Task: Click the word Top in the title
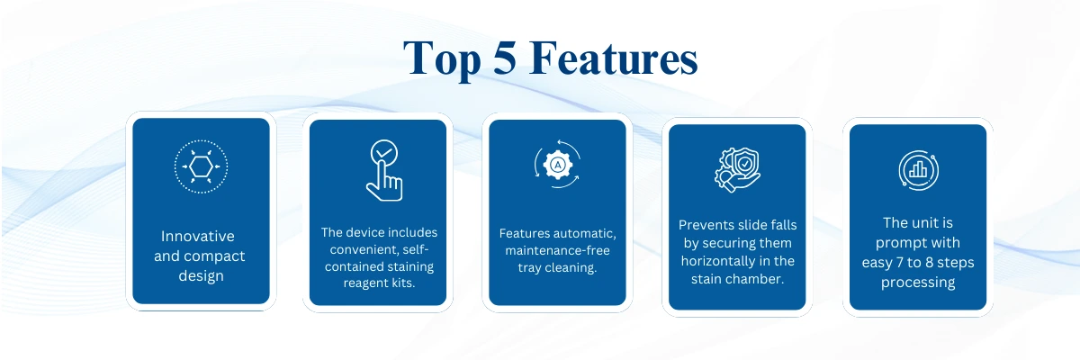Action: [x=444, y=59]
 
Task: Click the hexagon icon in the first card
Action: [x=201, y=167]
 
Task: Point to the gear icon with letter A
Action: [x=558, y=166]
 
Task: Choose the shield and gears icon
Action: [x=737, y=169]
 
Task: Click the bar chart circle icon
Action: [x=917, y=170]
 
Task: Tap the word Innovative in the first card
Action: [x=198, y=237]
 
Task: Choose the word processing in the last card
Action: [x=918, y=283]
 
